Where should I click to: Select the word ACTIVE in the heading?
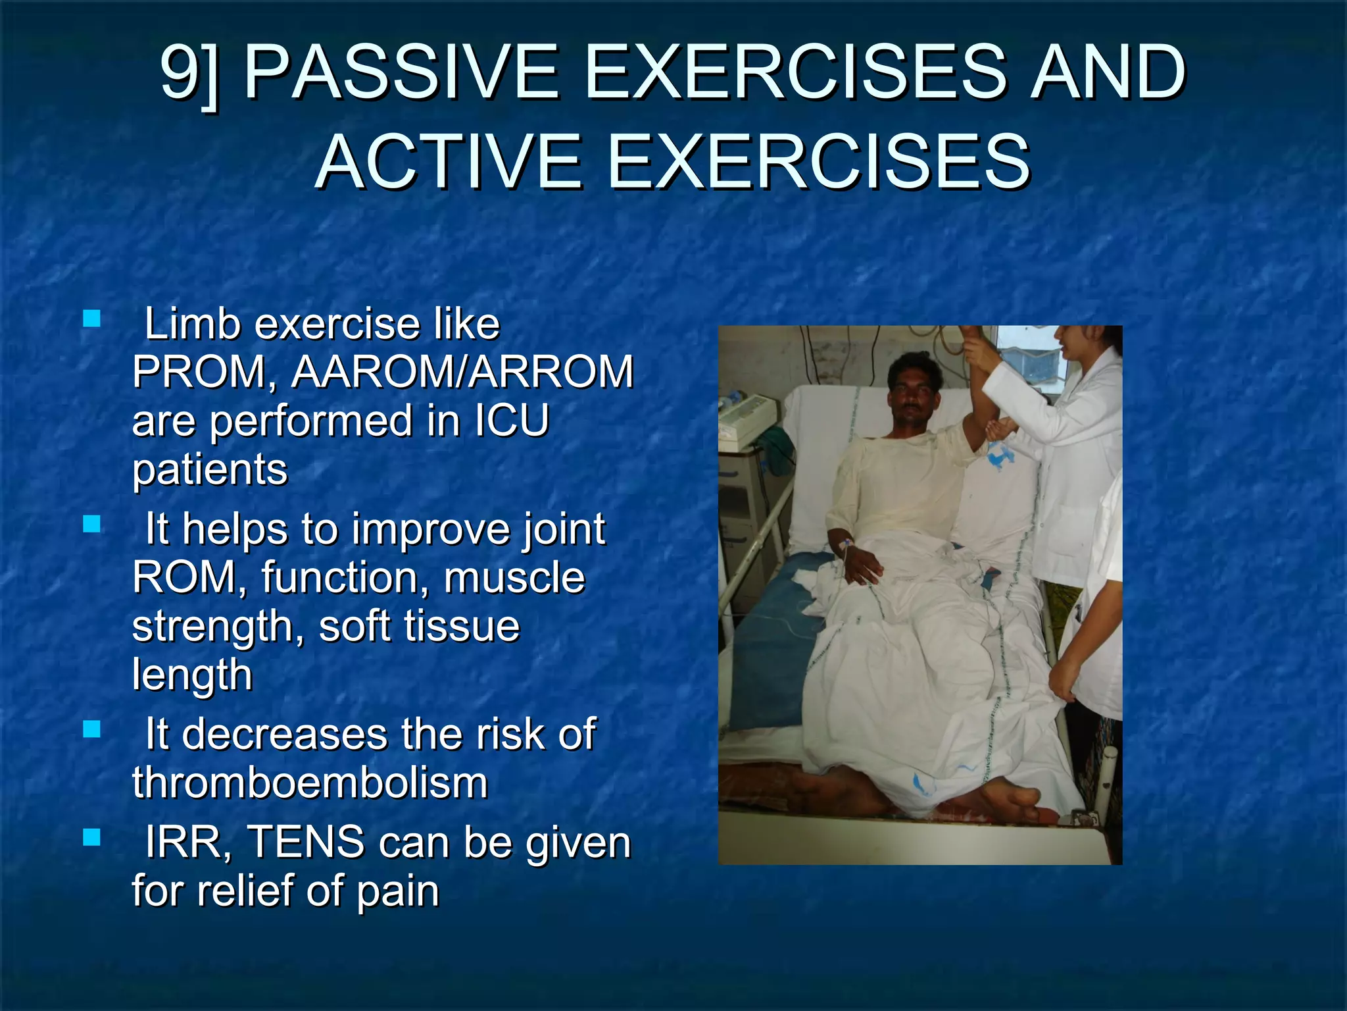449,161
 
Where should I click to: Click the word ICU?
511,421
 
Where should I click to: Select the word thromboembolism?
310,783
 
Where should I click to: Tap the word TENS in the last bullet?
306,842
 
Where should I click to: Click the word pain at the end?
397,891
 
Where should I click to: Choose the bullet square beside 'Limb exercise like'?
92,320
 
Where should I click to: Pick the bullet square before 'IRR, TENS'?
92,838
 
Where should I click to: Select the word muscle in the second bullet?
514,577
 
